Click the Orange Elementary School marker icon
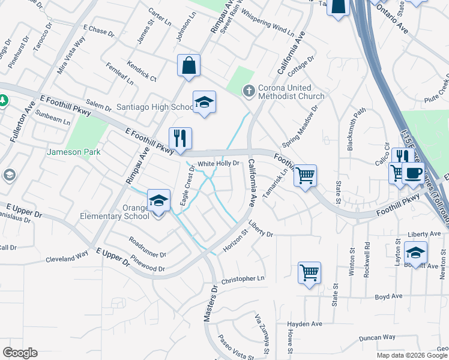click(x=158, y=201)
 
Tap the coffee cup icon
click(x=413, y=173)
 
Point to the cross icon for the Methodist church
click(x=249, y=91)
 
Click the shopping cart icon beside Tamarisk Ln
click(x=306, y=175)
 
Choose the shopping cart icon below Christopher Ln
click(x=309, y=272)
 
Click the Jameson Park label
click(x=74, y=152)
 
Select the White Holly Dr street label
click(x=218, y=163)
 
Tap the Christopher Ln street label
click(x=243, y=279)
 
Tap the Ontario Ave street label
click(x=393, y=25)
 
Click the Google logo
click(x=20, y=353)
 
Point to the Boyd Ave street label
click(x=388, y=296)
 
